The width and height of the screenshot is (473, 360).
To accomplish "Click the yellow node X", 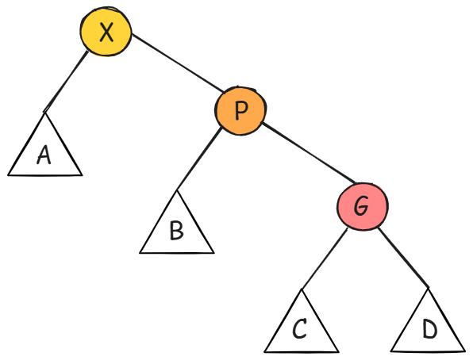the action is point(106,32).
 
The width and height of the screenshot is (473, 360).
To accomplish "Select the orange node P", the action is point(240,111).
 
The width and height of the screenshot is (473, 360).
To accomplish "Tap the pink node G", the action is point(363,206).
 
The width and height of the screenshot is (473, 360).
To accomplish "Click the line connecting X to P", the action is point(178,63).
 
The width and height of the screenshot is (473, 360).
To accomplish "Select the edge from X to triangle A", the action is point(66,82).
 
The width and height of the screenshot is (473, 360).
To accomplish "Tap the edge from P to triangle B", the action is point(199,159).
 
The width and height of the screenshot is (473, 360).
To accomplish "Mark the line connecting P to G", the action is point(309,152).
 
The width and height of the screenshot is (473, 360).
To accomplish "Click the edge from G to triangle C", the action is point(325,259).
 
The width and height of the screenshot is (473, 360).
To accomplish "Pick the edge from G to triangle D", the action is point(403,258).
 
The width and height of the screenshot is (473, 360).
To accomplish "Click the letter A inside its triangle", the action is point(44,155).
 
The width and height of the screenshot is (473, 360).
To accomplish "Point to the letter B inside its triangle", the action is point(177,231).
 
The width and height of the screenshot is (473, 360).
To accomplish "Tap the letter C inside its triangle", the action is point(300,328).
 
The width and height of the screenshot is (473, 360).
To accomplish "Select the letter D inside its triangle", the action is point(430,329).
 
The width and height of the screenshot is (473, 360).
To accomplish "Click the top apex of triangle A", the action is point(45,113).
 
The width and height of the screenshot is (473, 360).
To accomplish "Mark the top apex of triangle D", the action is point(428,288).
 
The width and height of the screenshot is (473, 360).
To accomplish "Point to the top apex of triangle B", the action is point(177,190).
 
